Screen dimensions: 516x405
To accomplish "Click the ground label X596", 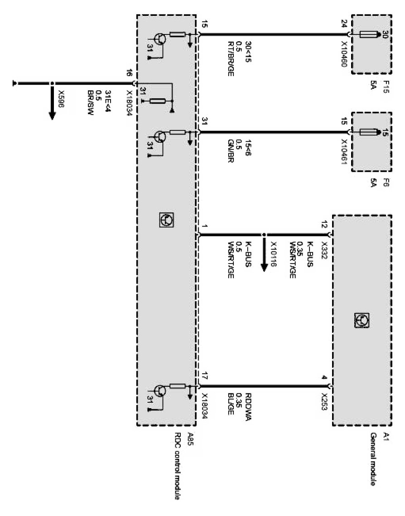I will pyautogui.click(x=62, y=99).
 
